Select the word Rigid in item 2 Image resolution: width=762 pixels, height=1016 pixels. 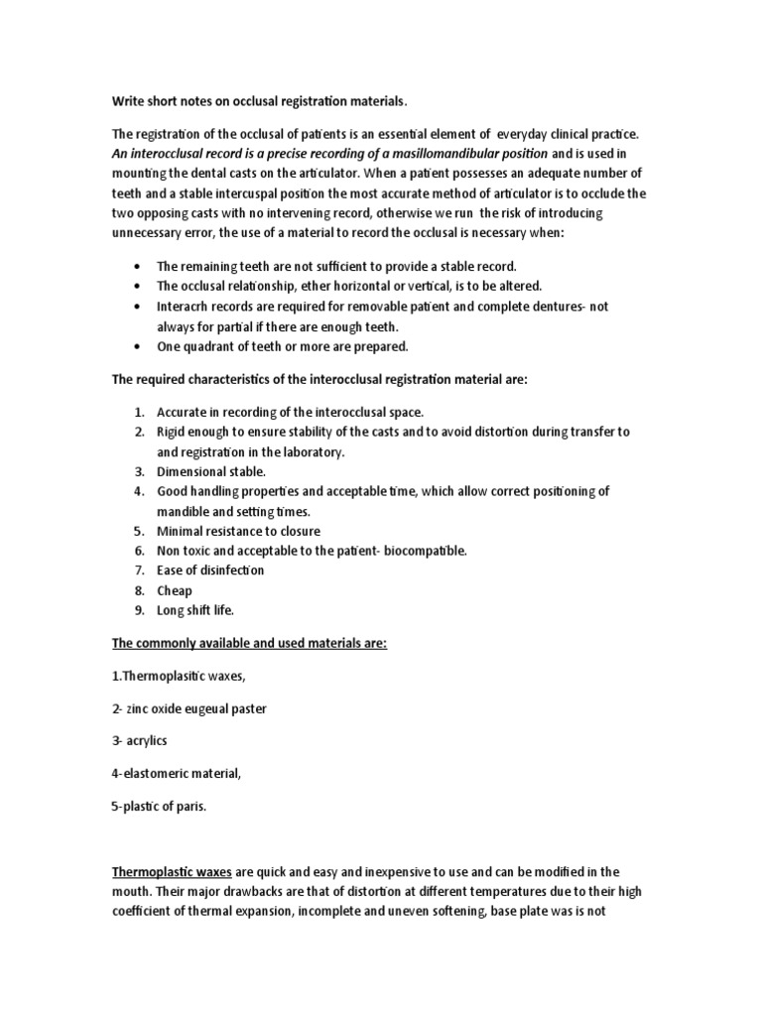click(174, 432)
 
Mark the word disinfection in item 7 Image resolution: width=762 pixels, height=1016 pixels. click(230, 571)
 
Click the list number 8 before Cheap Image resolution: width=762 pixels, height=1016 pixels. click(139, 590)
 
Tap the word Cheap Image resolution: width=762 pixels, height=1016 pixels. click(175, 590)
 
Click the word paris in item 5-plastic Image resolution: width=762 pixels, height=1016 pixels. click(187, 806)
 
